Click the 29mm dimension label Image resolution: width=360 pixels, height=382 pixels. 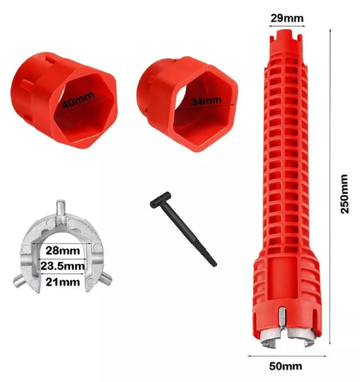287,18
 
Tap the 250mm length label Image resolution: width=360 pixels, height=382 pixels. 344,194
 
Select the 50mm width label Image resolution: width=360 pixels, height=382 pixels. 286,366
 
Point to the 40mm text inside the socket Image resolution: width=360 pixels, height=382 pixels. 78,100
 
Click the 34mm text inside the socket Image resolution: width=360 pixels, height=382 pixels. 206,101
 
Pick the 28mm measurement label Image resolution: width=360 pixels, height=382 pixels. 63,250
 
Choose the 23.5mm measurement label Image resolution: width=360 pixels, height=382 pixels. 63,266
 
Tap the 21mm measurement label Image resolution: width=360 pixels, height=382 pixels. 63,282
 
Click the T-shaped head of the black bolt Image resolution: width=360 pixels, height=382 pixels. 160,200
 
